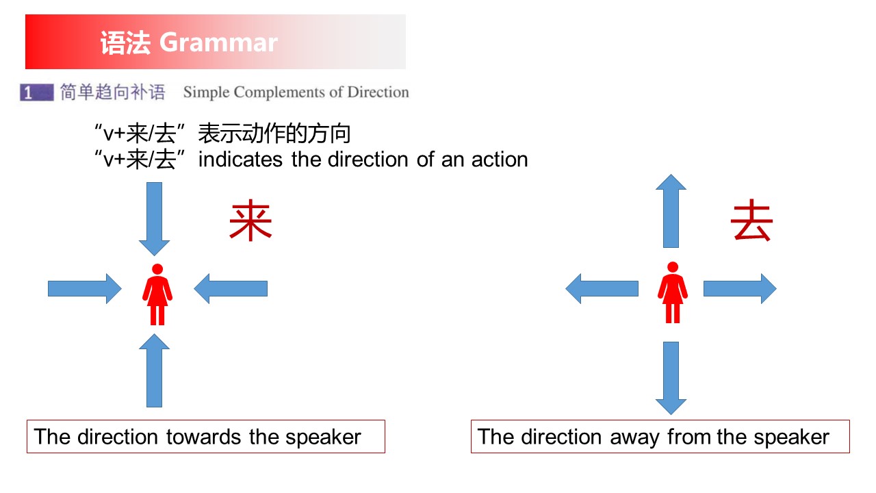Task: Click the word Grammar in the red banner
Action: pyautogui.click(x=218, y=42)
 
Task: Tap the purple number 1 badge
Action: pyautogui.click(x=37, y=92)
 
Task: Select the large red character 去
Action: pyautogui.click(x=751, y=220)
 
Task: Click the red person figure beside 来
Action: pyautogui.click(x=157, y=294)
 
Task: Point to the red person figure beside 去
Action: pyautogui.click(x=673, y=292)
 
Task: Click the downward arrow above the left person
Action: pyautogui.click(x=155, y=219)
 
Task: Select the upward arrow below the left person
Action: pyautogui.click(x=155, y=370)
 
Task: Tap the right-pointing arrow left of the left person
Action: pyautogui.click(x=85, y=289)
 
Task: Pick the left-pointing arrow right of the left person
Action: pyautogui.click(x=231, y=289)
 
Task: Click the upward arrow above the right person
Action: pyautogui.click(x=671, y=211)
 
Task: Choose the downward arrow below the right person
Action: pyautogui.click(x=671, y=379)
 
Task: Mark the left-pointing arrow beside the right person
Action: pyautogui.click(x=602, y=289)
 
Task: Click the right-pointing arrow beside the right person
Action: pyautogui.click(x=740, y=289)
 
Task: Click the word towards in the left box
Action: pyautogui.click(x=203, y=437)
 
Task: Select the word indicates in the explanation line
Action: pyautogui.click(x=240, y=160)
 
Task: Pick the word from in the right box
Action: pyautogui.click(x=690, y=437)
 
